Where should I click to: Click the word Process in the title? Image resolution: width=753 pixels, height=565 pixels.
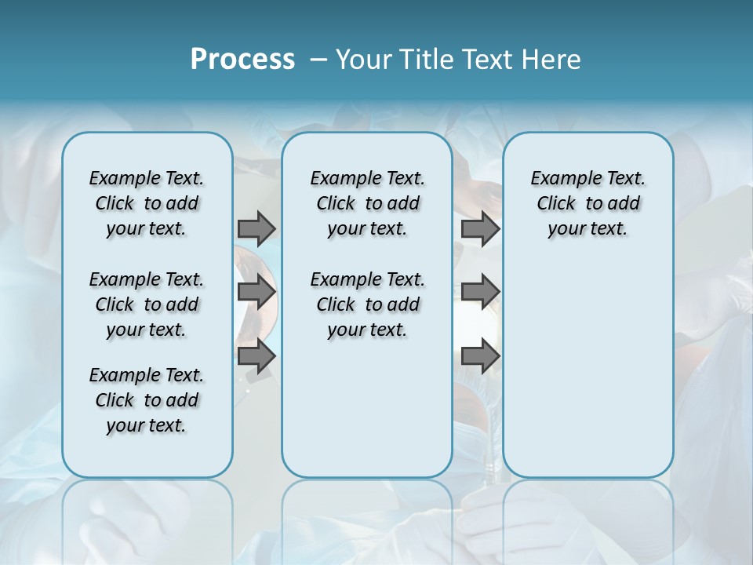242,59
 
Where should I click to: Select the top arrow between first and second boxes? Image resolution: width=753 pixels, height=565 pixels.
256,228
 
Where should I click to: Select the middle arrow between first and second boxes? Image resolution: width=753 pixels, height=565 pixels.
256,293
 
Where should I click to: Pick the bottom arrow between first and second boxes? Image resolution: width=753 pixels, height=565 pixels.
256,356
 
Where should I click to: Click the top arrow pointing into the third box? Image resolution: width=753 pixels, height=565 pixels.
480,228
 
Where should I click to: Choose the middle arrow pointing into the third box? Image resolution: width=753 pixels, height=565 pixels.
480,293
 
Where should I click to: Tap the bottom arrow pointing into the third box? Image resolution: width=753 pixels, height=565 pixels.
480,356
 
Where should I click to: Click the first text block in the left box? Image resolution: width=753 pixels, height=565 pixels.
147,203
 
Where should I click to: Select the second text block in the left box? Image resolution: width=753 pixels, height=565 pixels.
147,304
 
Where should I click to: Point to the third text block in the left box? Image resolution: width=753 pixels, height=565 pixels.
147,400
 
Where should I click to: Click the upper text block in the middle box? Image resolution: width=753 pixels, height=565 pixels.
367,203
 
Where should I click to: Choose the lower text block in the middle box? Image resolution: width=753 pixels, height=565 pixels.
367,304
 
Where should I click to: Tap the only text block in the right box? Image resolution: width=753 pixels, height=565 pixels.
587,203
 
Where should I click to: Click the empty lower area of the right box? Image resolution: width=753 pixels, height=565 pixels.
587,369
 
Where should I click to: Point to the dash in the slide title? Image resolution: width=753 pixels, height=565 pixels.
318,60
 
